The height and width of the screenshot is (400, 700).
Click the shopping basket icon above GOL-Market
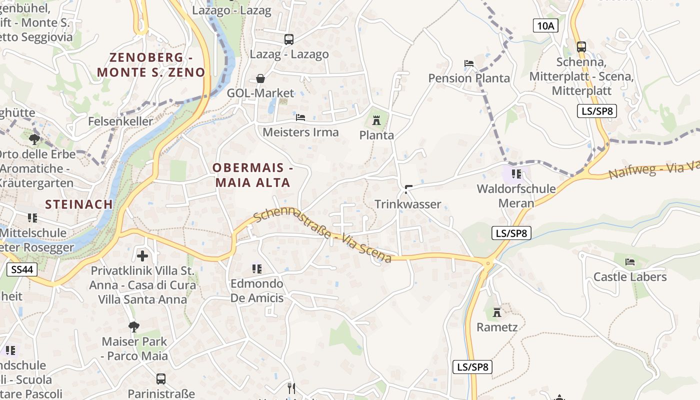click(260, 78)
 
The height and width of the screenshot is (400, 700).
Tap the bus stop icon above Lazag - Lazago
click(288, 39)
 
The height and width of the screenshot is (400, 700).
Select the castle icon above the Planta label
click(376, 120)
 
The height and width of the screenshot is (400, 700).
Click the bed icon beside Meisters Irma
click(300, 117)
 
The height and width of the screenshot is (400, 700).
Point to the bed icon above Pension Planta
click(469, 63)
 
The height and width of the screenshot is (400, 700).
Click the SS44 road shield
click(22, 270)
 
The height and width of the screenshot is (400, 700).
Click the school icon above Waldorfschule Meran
click(516, 174)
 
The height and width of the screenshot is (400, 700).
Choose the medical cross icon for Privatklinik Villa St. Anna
click(142, 256)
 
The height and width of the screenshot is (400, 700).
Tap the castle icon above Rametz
click(497, 312)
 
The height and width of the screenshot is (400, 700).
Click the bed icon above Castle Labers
click(630, 262)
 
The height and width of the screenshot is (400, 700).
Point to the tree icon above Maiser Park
click(133, 327)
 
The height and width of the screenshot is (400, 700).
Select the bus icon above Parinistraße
click(160, 379)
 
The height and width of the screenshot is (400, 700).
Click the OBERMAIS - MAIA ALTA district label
click(252, 175)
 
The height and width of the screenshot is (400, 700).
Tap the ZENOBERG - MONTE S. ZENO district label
click(151, 65)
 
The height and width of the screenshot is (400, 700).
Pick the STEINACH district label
click(78, 204)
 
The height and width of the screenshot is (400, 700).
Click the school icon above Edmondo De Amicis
click(257, 269)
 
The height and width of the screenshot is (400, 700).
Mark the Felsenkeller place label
click(120, 121)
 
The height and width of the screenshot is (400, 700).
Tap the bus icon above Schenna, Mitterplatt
click(581, 47)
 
